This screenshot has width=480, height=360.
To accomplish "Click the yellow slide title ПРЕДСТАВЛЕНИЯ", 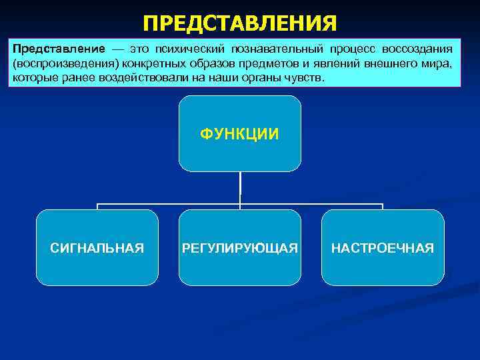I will [240, 24].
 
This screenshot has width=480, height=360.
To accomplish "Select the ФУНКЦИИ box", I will [240, 134].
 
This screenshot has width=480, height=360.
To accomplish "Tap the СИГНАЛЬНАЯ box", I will [97, 248].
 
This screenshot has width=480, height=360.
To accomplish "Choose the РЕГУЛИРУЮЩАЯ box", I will [240, 248].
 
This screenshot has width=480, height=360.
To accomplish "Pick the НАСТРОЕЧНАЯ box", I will [383, 248].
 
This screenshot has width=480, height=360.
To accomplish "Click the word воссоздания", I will [417, 50].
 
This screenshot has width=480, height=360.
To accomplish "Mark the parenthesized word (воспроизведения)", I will [59, 64].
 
